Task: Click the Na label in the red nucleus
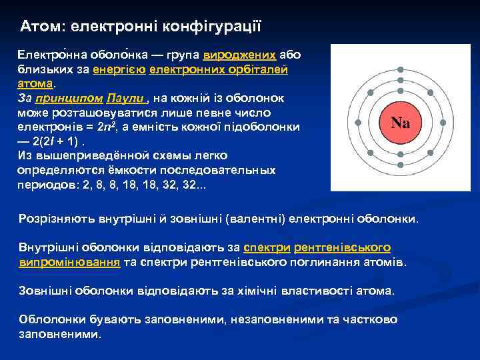400,123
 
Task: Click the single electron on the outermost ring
400,69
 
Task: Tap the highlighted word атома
35,84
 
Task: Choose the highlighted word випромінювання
69,262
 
